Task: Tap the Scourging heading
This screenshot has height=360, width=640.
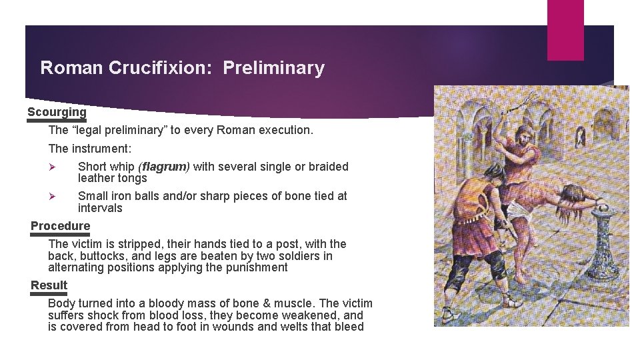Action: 57,112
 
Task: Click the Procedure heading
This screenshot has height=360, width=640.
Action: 60,226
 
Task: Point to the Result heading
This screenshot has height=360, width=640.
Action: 49,285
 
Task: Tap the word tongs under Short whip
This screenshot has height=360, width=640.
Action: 132,179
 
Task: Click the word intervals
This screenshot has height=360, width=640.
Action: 100,208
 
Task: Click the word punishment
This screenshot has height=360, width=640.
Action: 254,268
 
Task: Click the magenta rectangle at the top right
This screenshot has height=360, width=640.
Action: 565,30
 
